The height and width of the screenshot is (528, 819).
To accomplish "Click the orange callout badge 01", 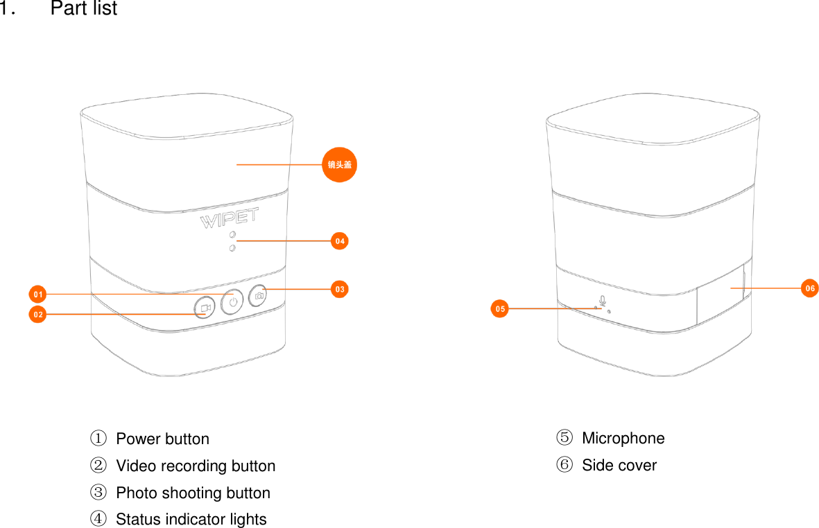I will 37,294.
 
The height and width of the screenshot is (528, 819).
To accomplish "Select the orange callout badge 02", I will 37,315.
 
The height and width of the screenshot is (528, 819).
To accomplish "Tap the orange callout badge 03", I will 339,289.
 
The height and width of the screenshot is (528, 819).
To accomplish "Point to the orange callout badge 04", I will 339,241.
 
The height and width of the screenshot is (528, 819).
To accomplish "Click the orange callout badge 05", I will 499,308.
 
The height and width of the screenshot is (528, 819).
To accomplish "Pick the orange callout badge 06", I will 809,288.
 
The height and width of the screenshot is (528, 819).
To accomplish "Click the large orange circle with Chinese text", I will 340,164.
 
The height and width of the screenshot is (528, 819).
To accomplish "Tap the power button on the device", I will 232,301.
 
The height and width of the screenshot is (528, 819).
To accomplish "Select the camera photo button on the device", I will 259,296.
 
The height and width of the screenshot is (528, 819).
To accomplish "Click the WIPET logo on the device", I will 229,220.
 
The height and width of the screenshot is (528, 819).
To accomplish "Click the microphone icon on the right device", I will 602,301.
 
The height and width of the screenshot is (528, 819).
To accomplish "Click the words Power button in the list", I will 162,439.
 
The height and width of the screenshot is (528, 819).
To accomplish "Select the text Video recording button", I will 196,466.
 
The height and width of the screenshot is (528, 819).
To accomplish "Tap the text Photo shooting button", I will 193,493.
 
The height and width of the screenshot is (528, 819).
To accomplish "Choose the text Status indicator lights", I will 191,520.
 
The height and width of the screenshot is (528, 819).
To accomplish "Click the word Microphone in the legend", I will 623,439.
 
